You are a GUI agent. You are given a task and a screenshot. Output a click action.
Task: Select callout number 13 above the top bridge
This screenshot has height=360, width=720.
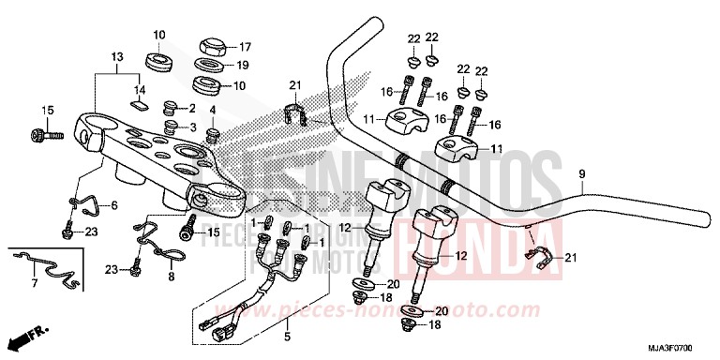tap(116, 56)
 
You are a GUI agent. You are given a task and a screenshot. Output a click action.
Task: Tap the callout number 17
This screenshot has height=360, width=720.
tap(246, 47)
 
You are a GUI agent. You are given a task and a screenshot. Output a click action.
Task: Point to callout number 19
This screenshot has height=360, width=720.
tap(243, 67)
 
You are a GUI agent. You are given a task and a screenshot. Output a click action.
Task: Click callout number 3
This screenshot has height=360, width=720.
tap(191, 127)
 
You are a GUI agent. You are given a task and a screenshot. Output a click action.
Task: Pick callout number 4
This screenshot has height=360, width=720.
tap(213, 110)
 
